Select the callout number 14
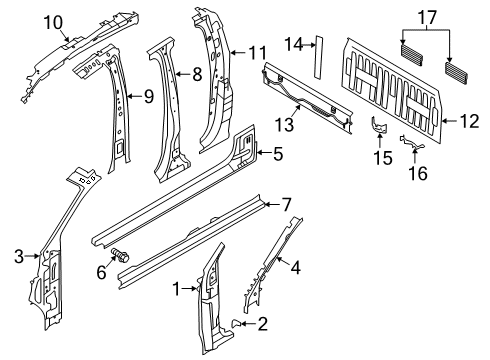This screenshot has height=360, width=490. [x=293, y=45]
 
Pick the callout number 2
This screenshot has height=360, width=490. [x=263, y=323]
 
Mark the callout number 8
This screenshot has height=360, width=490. [x=197, y=72]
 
